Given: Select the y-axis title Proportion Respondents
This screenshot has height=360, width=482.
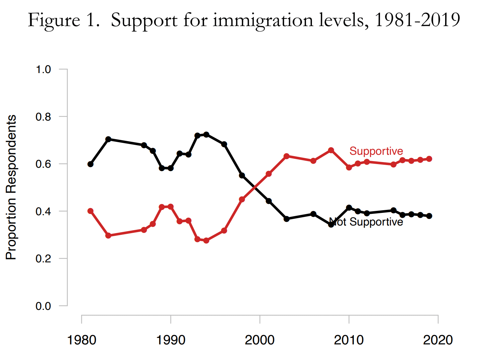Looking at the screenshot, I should [11, 187].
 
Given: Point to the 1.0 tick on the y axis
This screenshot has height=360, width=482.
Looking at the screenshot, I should [43, 69].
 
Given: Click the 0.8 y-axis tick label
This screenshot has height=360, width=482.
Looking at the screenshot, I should [43, 117].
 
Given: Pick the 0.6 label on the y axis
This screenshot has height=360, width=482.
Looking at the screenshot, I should [43, 164].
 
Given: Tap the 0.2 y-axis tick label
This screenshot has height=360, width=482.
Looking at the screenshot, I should [43, 259].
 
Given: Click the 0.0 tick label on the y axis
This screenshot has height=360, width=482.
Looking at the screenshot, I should [43, 306].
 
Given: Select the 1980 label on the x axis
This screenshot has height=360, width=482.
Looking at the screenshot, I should [82, 340].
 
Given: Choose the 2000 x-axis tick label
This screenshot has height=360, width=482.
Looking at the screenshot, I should [260, 340].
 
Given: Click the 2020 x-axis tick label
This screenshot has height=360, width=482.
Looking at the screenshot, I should [438, 340].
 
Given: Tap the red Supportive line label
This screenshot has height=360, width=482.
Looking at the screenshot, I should [376, 151].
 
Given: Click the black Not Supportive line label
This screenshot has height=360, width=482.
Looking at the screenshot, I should [366, 222].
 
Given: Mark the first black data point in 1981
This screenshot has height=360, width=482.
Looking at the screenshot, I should [90, 164].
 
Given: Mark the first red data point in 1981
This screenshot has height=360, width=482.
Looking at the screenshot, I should [90, 211].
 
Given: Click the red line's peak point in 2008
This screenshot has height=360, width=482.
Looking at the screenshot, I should [331, 150].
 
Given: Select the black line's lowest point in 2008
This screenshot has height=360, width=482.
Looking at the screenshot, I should [331, 225].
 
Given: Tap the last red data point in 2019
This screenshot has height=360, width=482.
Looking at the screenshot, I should [429, 159].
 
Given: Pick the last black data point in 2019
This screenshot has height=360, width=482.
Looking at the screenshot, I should [429, 216].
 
